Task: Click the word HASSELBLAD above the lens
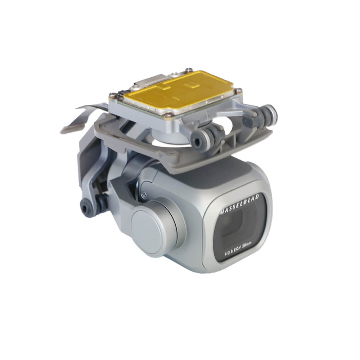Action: click(x=239, y=204)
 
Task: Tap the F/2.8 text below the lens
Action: click(x=230, y=254)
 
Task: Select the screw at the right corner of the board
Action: click(x=239, y=90)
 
